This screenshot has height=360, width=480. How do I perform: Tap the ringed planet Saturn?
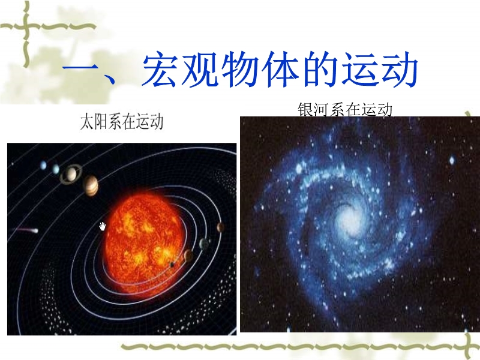(71, 174)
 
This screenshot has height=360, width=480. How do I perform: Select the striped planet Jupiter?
(91, 185)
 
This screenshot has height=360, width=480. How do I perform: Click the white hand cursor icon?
(103, 227)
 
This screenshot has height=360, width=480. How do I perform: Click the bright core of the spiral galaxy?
(347, 219)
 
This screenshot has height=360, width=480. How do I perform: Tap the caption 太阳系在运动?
(122, 122)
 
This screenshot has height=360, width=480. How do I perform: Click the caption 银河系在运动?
(345, 110)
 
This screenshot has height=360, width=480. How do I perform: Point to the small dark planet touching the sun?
(172, 265)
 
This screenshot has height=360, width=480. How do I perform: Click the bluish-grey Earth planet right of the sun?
(204, 244)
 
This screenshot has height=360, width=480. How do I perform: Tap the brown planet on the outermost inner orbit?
(220, 227)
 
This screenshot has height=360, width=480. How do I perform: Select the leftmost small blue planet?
(43, 166)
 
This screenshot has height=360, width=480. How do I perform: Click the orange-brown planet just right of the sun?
(188, 255)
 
